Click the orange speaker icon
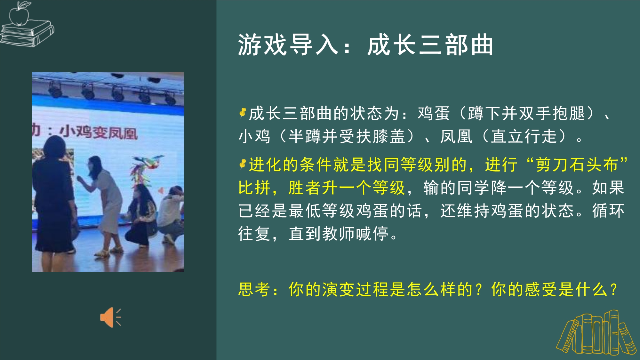click(110, 317)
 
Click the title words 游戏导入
click(288, 45)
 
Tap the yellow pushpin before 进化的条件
click(243, 164)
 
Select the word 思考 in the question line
click(254, 289)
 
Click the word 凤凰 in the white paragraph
click(456, 136)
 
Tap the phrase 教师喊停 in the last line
click(355, 234)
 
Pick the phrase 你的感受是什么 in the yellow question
click(549, 289)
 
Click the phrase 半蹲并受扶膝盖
click(347, 136)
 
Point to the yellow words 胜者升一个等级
click(347, 188)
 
